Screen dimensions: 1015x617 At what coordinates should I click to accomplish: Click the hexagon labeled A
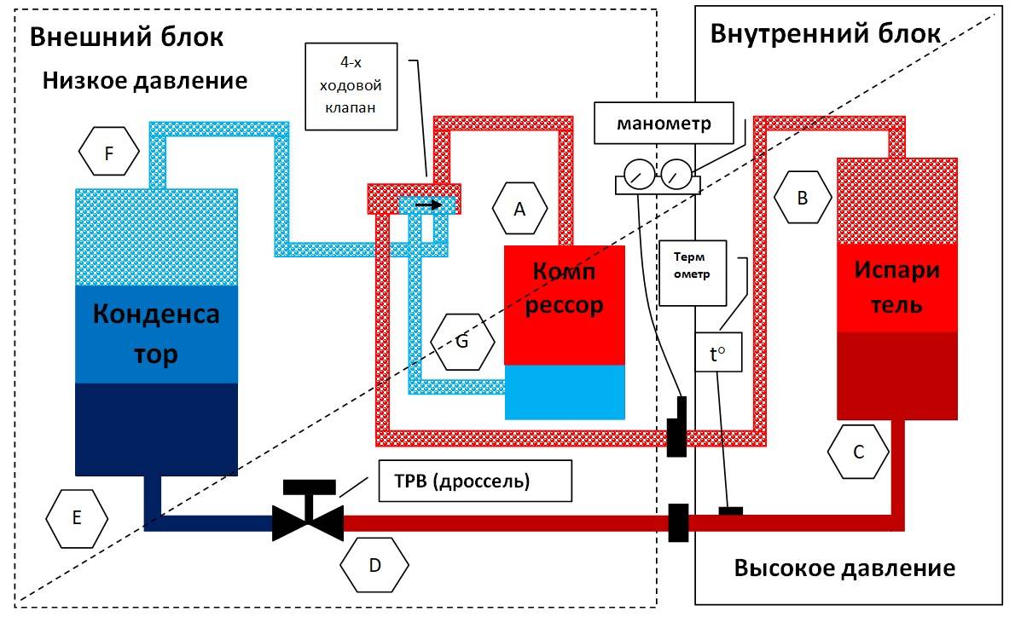click(x=519, y=208)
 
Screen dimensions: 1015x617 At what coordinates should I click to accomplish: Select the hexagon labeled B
click(x=803, y=197)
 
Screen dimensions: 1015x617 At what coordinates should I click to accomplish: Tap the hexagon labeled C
click(x=858, y=452)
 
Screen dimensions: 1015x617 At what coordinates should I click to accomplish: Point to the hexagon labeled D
click(x=374, y=565)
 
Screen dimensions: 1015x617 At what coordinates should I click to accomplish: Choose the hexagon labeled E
click(x=77, y=517)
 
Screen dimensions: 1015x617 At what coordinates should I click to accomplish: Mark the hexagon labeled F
click(x=109, y=152)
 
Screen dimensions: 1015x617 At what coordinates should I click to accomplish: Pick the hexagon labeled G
click(x=462, y=342)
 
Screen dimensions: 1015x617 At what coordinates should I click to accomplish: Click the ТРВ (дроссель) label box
click(x=475, y=481)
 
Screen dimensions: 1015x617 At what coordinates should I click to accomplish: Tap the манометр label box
click(x=664, y=123)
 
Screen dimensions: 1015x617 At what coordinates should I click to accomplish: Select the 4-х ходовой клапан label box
click(x=351, y=87)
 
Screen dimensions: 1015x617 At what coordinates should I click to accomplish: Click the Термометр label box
click(x=693, y=273)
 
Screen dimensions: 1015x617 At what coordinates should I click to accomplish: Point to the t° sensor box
click(x=718, y=353)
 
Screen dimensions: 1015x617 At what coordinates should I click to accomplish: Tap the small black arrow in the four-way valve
click(x=428, y=205)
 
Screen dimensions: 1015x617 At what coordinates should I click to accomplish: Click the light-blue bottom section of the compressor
click(x=565, y=392)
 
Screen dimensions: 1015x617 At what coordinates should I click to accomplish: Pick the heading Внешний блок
click(x=127, y=37)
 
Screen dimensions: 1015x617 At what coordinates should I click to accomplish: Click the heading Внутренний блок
click(x=826, y=33)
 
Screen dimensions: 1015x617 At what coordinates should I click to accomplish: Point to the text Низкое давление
click(x=145, y=81)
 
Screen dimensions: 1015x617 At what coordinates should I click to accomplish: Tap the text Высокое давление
click(x=844, y=568)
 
